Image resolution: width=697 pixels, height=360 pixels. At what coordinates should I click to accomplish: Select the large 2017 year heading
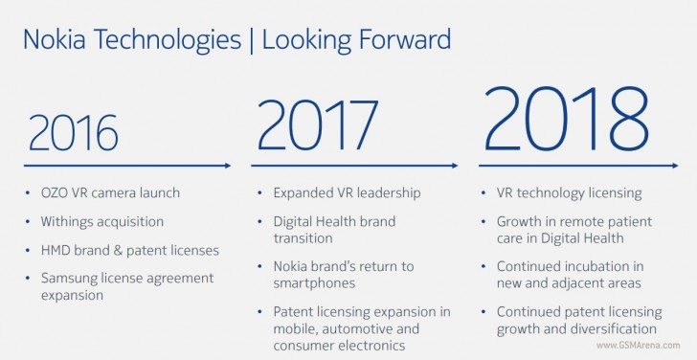coord(318,124)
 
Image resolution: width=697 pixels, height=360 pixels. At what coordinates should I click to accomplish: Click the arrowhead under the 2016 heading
coord(227,166)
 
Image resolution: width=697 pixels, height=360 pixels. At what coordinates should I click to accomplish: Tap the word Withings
coord(68,221)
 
